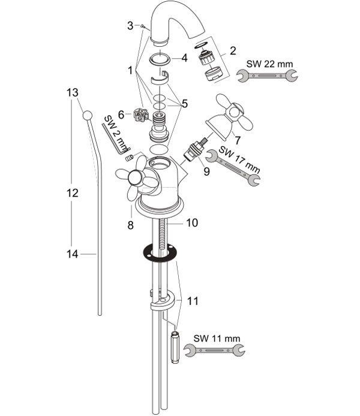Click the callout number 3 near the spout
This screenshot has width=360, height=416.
[130, 26]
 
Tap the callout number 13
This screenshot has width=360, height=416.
[72, 92]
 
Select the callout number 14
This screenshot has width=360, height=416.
[72, 254]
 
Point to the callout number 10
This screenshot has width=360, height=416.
[191, 223]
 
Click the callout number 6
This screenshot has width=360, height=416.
[121, 115]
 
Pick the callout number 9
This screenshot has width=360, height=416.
[206, 171]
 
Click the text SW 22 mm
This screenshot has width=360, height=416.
[269, 64]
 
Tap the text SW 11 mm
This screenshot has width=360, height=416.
[217, 339]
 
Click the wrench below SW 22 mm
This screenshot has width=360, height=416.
[267, 76]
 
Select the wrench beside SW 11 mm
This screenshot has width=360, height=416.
[215, 351]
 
